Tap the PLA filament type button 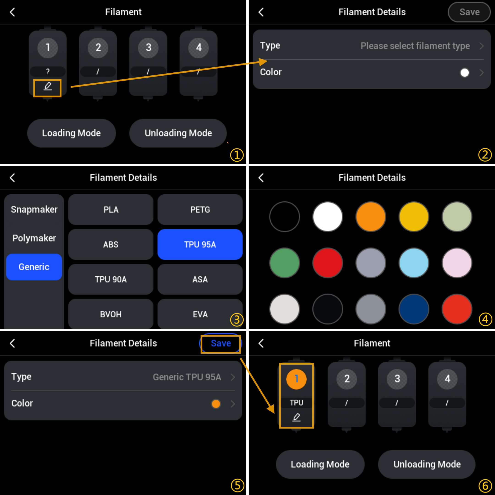pos(111,210)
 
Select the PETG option pos(200,210)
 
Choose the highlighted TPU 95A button pos(200,245)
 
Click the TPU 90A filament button pos(111,279)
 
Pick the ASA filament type pos(200,279)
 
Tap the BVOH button pos(111,314)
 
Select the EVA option pos(200,314)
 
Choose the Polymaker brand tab pos(34,238)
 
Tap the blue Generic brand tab pos(34,267)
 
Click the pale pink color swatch pos(457,263)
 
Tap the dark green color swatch pos(285,263)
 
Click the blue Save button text pos(221,343)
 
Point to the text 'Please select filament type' pos(415,46)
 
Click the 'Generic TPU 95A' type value pos(187,377)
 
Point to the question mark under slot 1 pos(48,71)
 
